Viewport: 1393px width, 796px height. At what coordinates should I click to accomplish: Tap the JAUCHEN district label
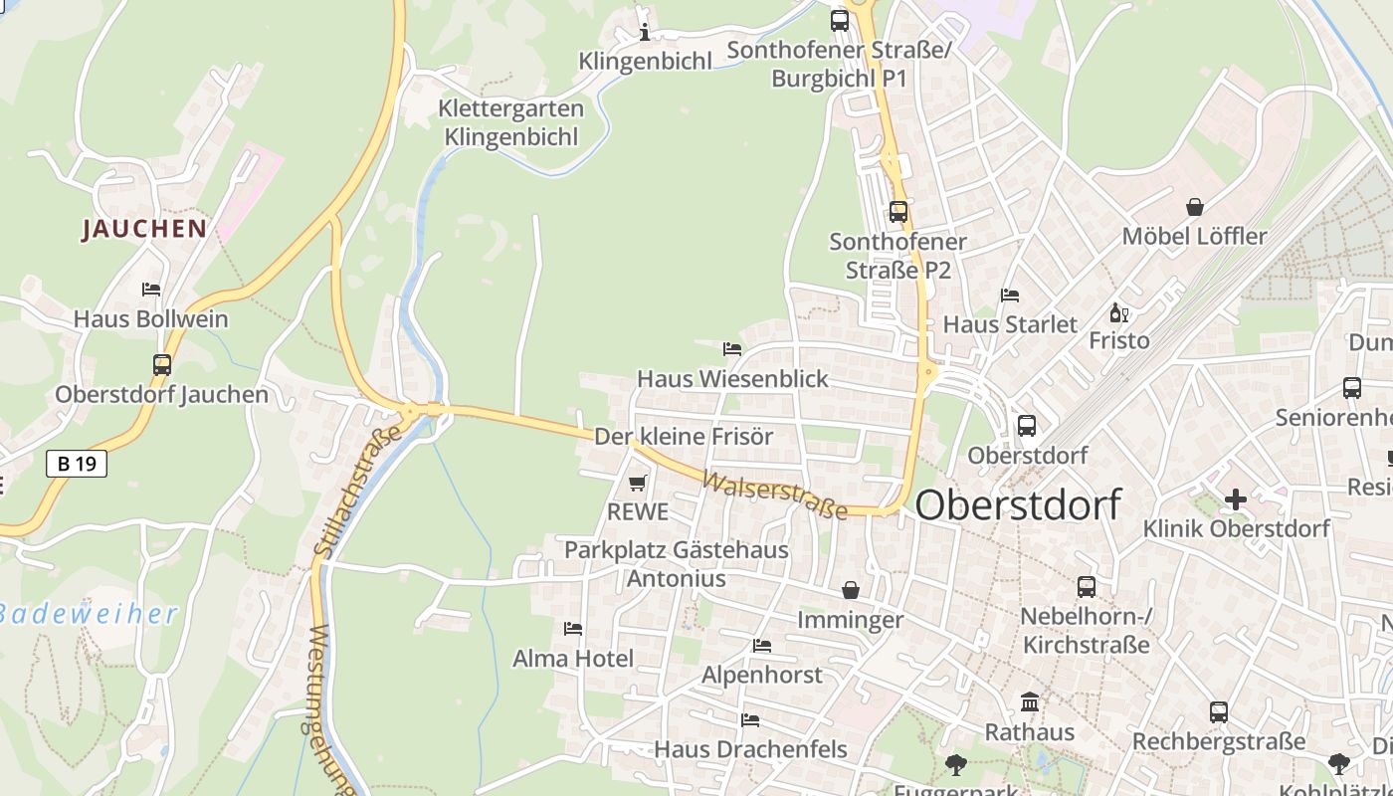[144, 229]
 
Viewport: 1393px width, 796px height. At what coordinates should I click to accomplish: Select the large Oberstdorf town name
[1017, 504]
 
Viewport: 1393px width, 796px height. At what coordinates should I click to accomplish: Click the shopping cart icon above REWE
[638, 484]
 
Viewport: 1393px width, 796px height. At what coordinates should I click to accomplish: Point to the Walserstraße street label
[775, 495]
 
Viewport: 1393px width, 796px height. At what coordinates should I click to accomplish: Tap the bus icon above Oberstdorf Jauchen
[162, 365]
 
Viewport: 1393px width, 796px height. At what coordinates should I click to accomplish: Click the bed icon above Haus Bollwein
[151, 290]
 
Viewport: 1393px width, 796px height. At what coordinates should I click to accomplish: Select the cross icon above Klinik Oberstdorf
[1236, 498]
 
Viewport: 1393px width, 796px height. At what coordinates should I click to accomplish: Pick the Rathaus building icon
[1030, 702]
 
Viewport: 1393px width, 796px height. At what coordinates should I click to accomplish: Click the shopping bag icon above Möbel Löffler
[1195, 207]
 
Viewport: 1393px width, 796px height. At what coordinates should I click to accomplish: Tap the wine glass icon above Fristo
[1119, 313]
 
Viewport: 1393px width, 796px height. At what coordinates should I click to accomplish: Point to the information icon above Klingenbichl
[645, 33]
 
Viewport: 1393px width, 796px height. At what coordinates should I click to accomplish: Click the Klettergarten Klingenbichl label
[511, 122]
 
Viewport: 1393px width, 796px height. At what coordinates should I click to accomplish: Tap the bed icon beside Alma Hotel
[573, 629]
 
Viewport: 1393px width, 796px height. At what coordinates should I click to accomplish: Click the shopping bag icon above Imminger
[851, 591]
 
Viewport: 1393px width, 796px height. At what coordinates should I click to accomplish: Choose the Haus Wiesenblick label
[732, 379]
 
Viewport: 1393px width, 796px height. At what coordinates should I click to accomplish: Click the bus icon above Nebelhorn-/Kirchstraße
[1087, 587]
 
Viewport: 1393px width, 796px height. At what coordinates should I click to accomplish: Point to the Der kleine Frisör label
[684, 437]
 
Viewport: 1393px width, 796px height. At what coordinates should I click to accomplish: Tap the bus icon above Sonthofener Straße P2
[898, 212]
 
